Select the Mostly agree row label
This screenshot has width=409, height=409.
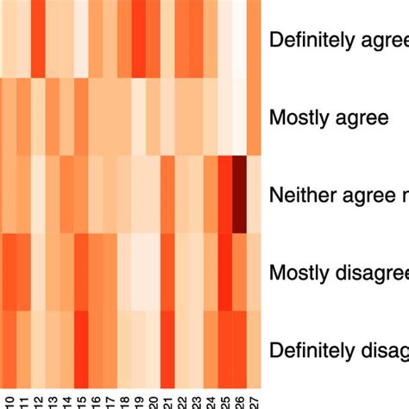tap(329, 117)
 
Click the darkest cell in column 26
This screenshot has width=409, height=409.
tap(239, 195)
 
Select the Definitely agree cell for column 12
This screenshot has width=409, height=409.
tap(39, 39)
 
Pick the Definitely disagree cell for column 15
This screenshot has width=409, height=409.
tap(81, 350)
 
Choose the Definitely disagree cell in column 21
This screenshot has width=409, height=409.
tap(167, 350)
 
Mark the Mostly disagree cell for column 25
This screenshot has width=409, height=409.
tap(225, 273)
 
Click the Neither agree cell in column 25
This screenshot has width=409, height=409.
tap(225, 195)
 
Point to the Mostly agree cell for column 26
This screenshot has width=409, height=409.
tap(239, 117)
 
